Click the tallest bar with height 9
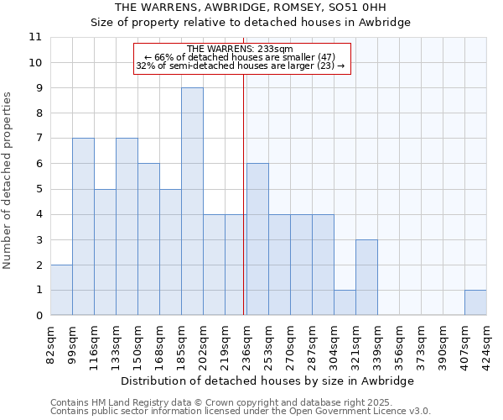(192, 202)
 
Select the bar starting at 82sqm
(61, 290)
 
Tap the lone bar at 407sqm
(475, 302)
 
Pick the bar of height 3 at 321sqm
(366, 277)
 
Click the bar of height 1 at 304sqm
(345, 302)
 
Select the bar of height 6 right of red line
(257, 239)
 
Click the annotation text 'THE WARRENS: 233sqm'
(240, 50)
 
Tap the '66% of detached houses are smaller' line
(240, 57)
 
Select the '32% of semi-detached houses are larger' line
(240, 66)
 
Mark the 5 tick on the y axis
(39, 189)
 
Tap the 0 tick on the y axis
(39, 316)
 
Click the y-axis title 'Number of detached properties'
(8, 181)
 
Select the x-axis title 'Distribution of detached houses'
(267, 381)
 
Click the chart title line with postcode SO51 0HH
(251, 8)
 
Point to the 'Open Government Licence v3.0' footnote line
(241, 412)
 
